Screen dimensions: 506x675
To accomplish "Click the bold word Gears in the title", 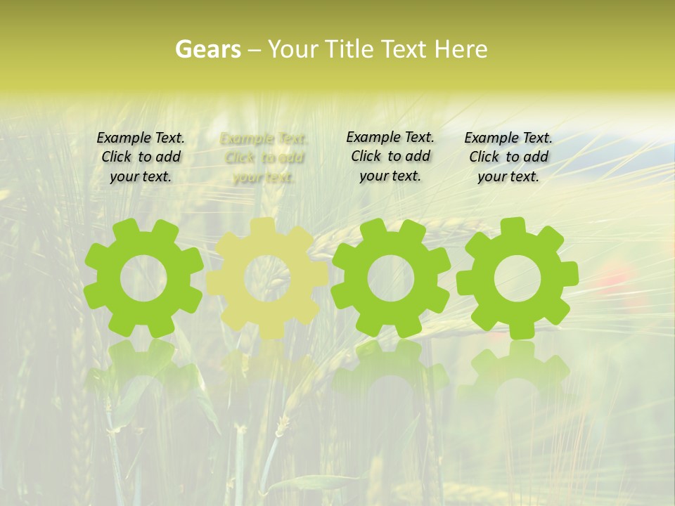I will tap(207, 49).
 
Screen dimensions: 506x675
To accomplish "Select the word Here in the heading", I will tap(461, 49).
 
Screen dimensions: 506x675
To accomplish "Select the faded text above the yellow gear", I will tap(264, 157).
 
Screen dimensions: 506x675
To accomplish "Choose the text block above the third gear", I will tap(390, 156).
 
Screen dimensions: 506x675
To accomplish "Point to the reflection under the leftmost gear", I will tap(143, 365).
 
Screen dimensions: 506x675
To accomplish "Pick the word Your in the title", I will tap(293, 49).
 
